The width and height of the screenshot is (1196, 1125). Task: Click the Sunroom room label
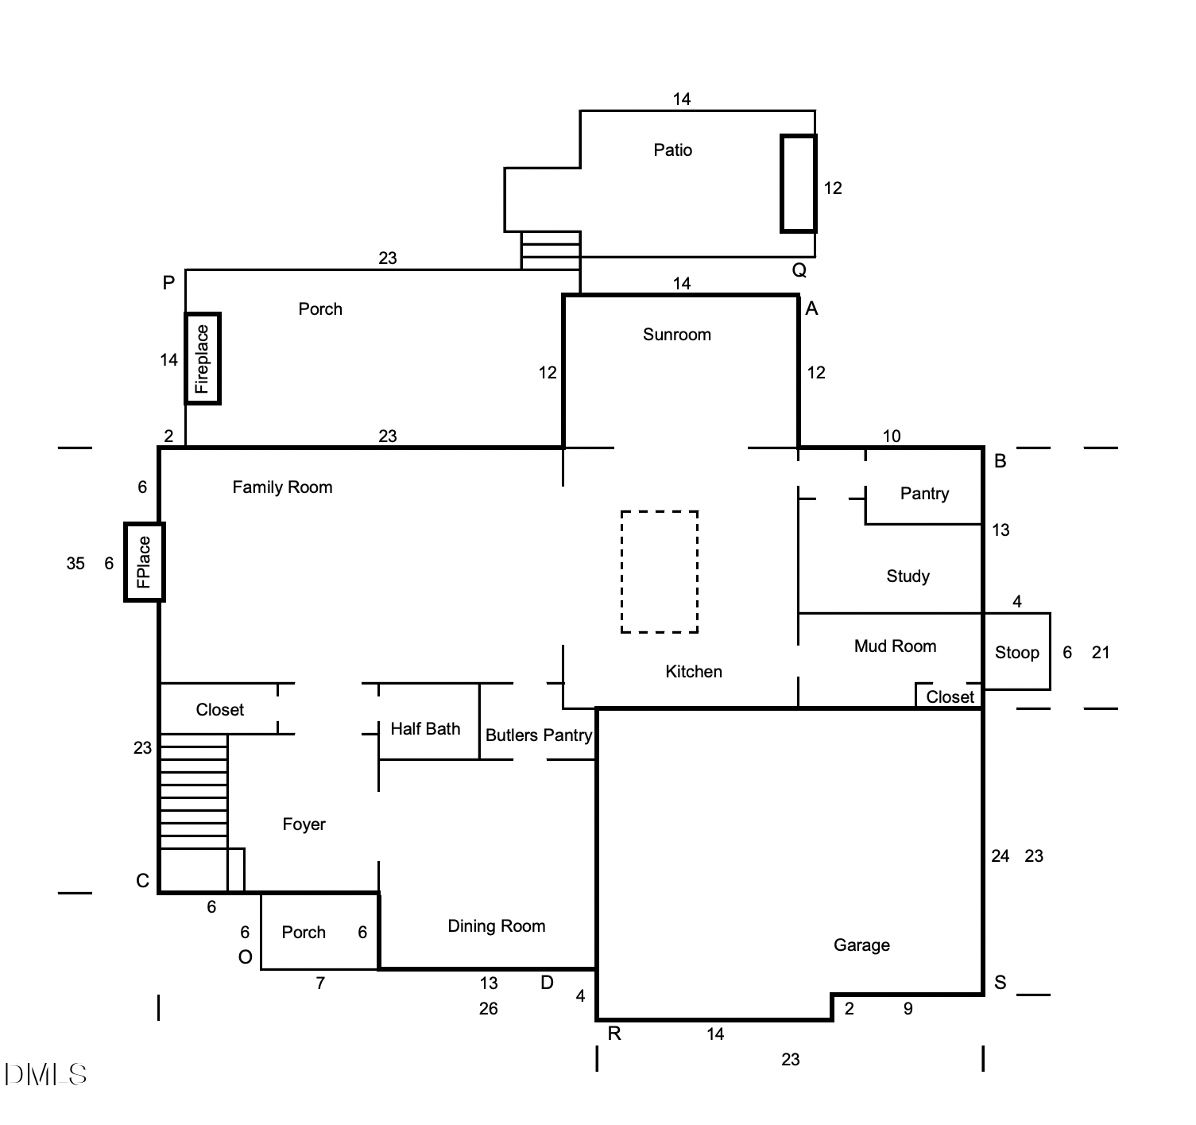676,335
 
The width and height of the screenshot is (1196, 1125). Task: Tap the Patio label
672,150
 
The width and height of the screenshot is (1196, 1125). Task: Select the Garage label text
861,945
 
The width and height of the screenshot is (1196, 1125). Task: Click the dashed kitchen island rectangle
660,572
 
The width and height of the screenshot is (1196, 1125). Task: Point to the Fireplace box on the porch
203,359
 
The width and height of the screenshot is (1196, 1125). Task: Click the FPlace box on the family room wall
144,562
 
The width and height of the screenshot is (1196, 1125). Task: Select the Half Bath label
425,729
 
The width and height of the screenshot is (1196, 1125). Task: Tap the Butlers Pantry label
538,735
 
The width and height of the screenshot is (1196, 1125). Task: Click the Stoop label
1016,653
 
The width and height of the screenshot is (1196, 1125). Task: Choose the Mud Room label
895,646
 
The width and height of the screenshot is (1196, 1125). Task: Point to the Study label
908,576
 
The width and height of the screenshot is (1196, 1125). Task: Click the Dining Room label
497,926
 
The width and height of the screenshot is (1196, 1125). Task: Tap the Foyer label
304,824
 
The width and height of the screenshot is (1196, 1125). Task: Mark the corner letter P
168,283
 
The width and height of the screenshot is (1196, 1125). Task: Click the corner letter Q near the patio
799,270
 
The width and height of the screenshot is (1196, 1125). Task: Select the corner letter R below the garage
614,1034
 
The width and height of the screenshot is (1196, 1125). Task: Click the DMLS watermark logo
45,1075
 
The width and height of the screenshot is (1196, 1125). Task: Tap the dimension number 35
75,564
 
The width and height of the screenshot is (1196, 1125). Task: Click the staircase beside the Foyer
194,791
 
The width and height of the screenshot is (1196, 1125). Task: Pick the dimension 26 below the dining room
488,1009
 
